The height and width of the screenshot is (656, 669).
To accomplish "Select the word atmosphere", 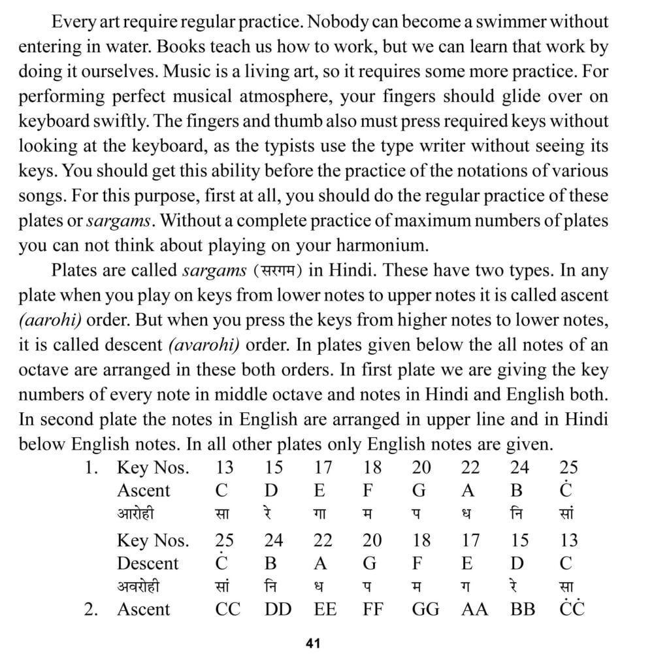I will (278, 96).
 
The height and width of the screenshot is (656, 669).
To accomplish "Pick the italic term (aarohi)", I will (45, 320).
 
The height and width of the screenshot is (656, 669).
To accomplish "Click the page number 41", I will (312, 643).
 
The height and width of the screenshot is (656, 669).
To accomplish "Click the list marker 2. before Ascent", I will (92, 609).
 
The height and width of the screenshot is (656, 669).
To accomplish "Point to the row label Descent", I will (148, 563).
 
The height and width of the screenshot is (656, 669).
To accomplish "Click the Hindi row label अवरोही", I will (139, 586).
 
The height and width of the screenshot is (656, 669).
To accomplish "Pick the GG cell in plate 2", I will (425, 609).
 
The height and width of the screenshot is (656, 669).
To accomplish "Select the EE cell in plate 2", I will (325, 609).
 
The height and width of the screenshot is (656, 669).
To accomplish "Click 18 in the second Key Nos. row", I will (421, 540).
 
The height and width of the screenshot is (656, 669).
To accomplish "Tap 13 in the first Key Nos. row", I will (224, 467).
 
